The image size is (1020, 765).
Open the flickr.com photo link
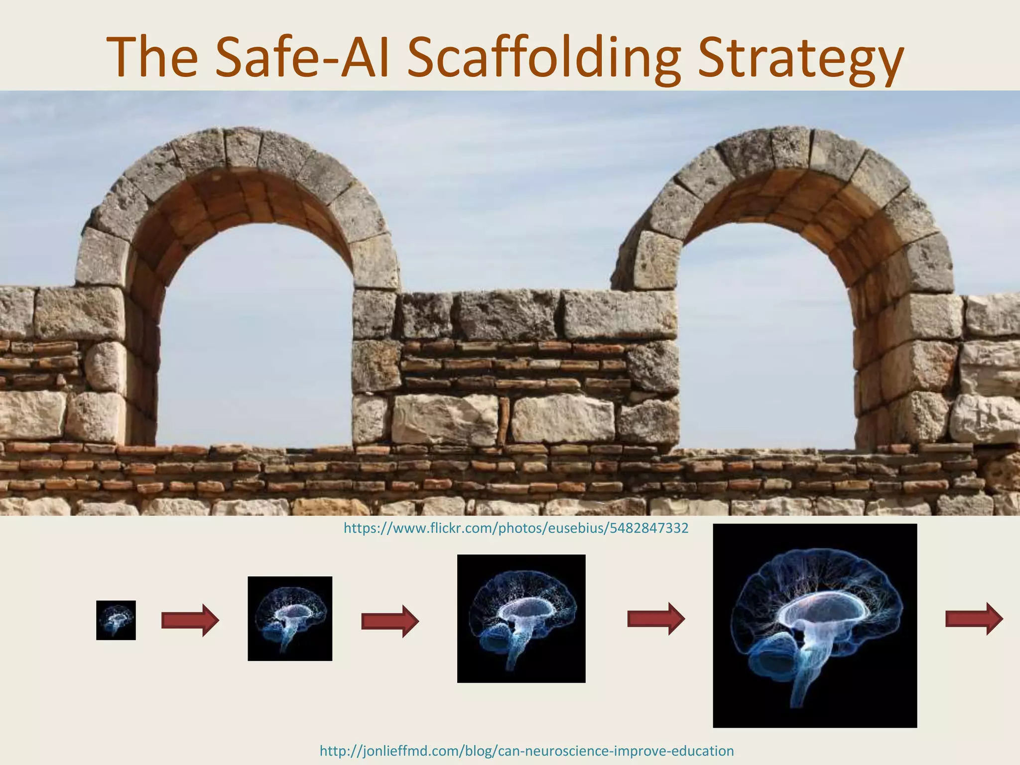[x=516, y=528]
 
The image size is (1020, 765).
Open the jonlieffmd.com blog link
[x=526, y=751]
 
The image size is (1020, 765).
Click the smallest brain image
[x=116, y=620]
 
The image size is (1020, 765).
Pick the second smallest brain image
[x=290, y=619]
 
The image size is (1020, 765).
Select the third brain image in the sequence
[x=521, y=619]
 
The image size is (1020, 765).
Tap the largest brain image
[x=815, y=626]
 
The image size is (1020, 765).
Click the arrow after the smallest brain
[x=190, y=621]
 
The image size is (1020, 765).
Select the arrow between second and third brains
[x=390, y=621]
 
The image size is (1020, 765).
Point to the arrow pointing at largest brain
[x=656, y=619]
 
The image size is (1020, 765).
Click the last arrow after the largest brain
[x=974, y=619]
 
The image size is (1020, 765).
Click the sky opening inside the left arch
[x=256, y=339]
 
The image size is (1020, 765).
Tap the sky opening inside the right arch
[x=767, y=339]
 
